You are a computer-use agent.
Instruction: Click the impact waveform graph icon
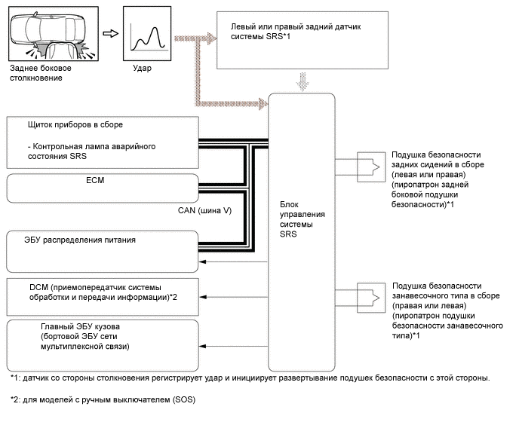coord(146,35)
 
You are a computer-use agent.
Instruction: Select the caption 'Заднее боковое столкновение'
coord(37,74)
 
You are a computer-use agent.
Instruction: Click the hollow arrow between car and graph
coord(109,33)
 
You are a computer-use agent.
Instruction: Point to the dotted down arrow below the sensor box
coord(303,80)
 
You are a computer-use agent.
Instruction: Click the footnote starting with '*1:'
coord(250,377)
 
